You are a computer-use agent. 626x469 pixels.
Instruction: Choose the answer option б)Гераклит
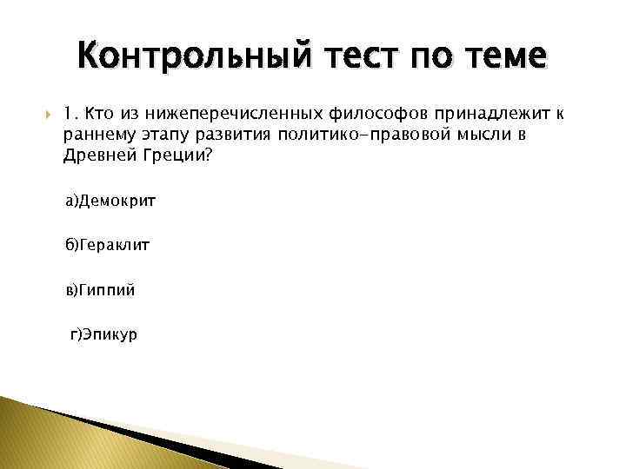click(x=107, y=246)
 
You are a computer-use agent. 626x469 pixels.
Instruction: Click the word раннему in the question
click(x=95, y=135)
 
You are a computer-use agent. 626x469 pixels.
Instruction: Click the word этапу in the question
click(x=156, y=135)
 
